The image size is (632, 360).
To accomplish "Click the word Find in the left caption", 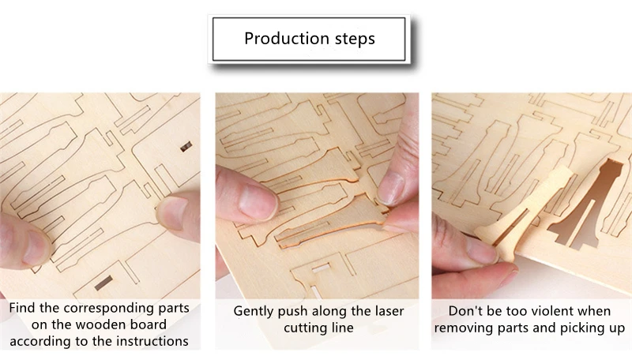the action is pos(23,308).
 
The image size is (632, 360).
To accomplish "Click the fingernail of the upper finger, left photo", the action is pos(172,212).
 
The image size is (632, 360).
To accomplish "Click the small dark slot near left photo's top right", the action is pos(186,146).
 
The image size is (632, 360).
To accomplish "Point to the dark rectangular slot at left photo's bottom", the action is pos(103,283).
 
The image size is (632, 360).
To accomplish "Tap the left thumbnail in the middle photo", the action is pos(258,202).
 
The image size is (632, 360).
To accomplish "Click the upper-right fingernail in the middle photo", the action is pos(390,188).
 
